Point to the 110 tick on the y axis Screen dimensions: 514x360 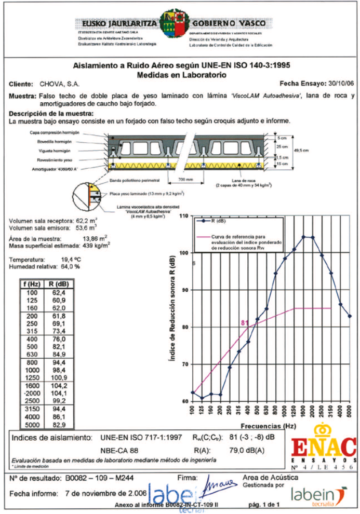(x=182, y=215)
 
